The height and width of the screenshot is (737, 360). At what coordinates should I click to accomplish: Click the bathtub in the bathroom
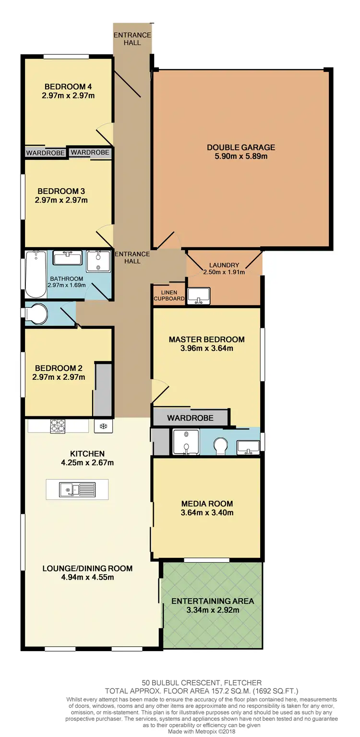tap(35, 274)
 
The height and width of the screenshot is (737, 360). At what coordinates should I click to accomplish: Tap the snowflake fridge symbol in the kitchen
tap(103, 425)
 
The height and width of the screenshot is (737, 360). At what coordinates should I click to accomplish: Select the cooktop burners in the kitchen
tap(58, 426)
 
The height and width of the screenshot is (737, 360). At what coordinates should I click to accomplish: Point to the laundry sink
tap(198, 295)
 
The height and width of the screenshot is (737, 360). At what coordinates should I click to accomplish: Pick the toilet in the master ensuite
tap(221, 446)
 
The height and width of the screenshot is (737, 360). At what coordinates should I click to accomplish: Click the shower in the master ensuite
tap(185, 442)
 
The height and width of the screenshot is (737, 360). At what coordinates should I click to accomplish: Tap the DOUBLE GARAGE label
tap(241, 147)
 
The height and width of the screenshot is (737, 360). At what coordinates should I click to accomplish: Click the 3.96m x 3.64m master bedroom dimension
tap(206, 348)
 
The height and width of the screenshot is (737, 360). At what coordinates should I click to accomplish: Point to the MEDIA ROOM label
tap(207, 504)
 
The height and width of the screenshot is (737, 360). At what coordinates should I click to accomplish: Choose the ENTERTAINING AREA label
tap(213, 601)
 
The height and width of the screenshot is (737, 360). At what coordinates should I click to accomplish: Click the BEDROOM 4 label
tap(68, 86)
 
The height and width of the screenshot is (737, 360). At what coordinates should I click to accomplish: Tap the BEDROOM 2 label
tap(59, 368)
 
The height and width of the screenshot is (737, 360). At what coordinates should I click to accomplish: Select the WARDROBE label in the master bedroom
tap(190, 418)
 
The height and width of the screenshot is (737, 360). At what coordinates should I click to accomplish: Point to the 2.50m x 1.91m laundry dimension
tap(224, 272)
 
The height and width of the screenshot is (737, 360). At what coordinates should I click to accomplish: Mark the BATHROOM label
tap(66, 278)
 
